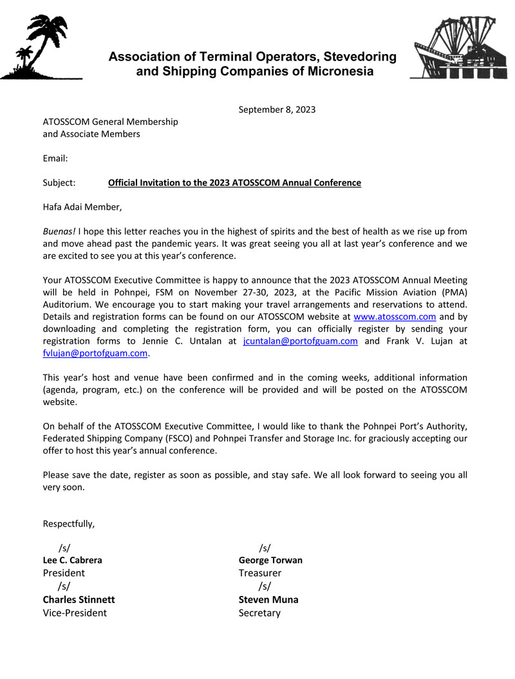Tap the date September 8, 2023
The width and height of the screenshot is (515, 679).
277,109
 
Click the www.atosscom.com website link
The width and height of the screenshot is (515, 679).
395,317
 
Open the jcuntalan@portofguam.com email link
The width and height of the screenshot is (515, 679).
301,341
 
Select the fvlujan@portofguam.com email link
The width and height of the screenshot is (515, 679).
95,353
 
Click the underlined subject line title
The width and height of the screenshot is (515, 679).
234,183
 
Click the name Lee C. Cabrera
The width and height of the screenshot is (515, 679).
72,560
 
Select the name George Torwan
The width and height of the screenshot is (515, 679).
270,560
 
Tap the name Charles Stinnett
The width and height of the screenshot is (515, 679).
79,599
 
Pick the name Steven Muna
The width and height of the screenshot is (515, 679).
268,599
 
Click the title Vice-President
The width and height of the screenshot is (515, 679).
75,613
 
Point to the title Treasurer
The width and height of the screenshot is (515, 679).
259,573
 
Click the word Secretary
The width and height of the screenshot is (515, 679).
259,613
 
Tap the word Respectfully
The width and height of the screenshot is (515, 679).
68,523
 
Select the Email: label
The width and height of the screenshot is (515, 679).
55,158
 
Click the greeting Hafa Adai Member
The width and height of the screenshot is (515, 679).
82,207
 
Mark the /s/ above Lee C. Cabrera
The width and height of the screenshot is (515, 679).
64,548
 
